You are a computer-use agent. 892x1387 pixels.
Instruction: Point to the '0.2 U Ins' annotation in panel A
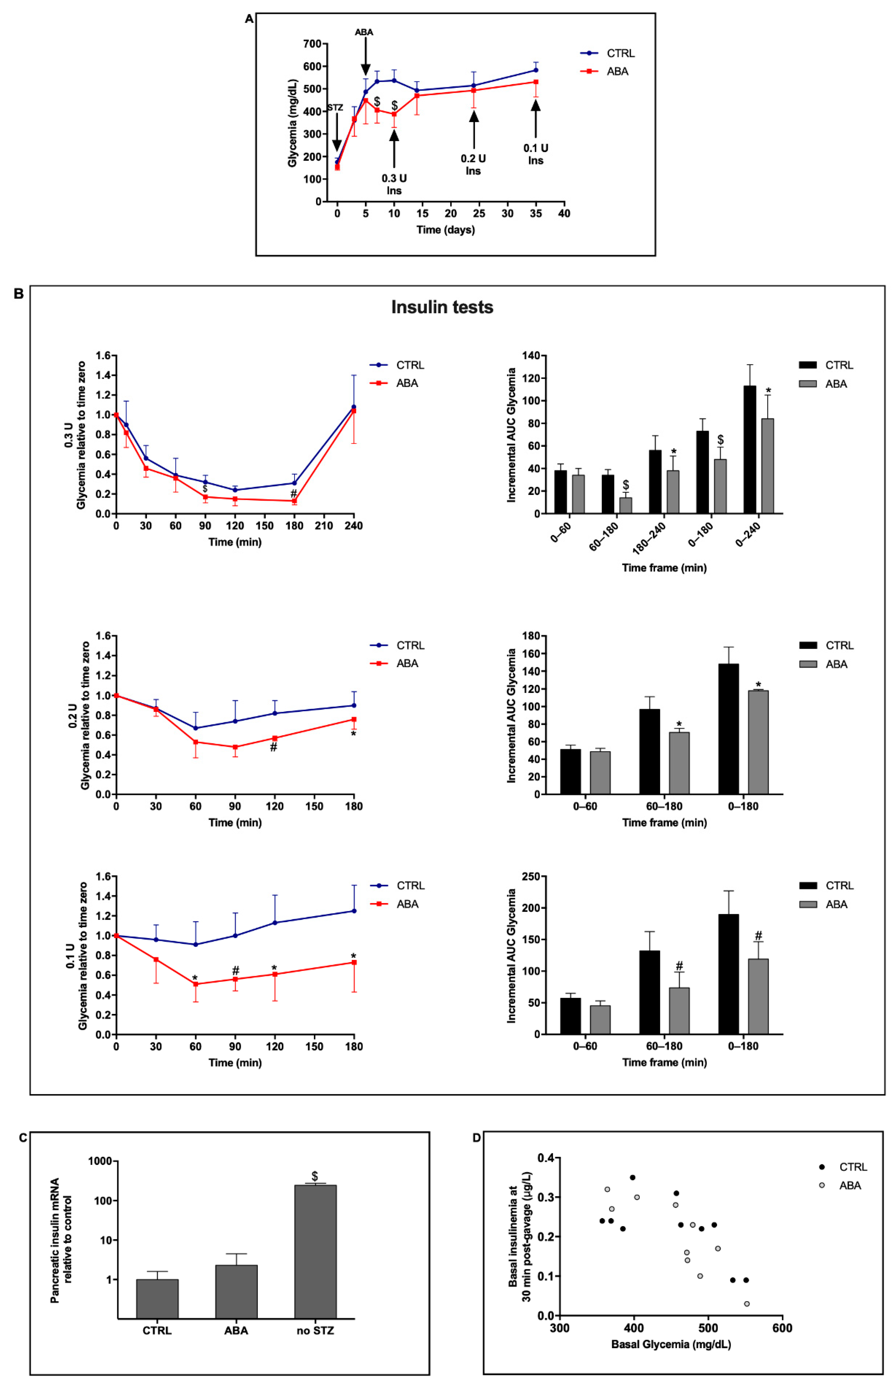coord(473,164)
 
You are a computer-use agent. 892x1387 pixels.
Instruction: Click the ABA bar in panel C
coord(236,1291)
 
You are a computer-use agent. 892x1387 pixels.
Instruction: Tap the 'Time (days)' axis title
coord(445,230)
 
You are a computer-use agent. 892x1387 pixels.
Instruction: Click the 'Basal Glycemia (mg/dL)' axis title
coord(671,1344)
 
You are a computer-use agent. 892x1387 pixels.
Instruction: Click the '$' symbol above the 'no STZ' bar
coord(314,1176)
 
